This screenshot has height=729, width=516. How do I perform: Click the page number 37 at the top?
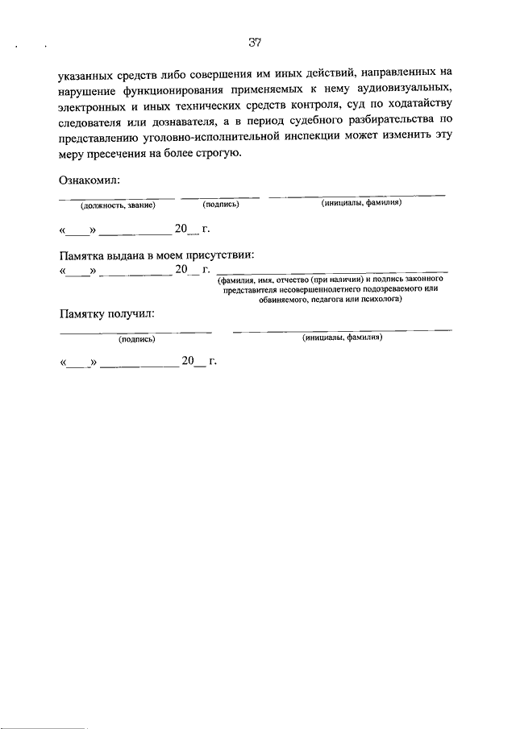point(256,41)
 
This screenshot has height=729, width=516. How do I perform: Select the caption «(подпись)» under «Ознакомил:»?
point(220,205)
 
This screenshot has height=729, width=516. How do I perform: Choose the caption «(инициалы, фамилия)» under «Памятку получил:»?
point(342,338)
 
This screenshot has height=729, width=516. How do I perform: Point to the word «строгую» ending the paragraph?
point(216,154)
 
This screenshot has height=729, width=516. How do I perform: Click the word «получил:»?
point(130,313)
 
